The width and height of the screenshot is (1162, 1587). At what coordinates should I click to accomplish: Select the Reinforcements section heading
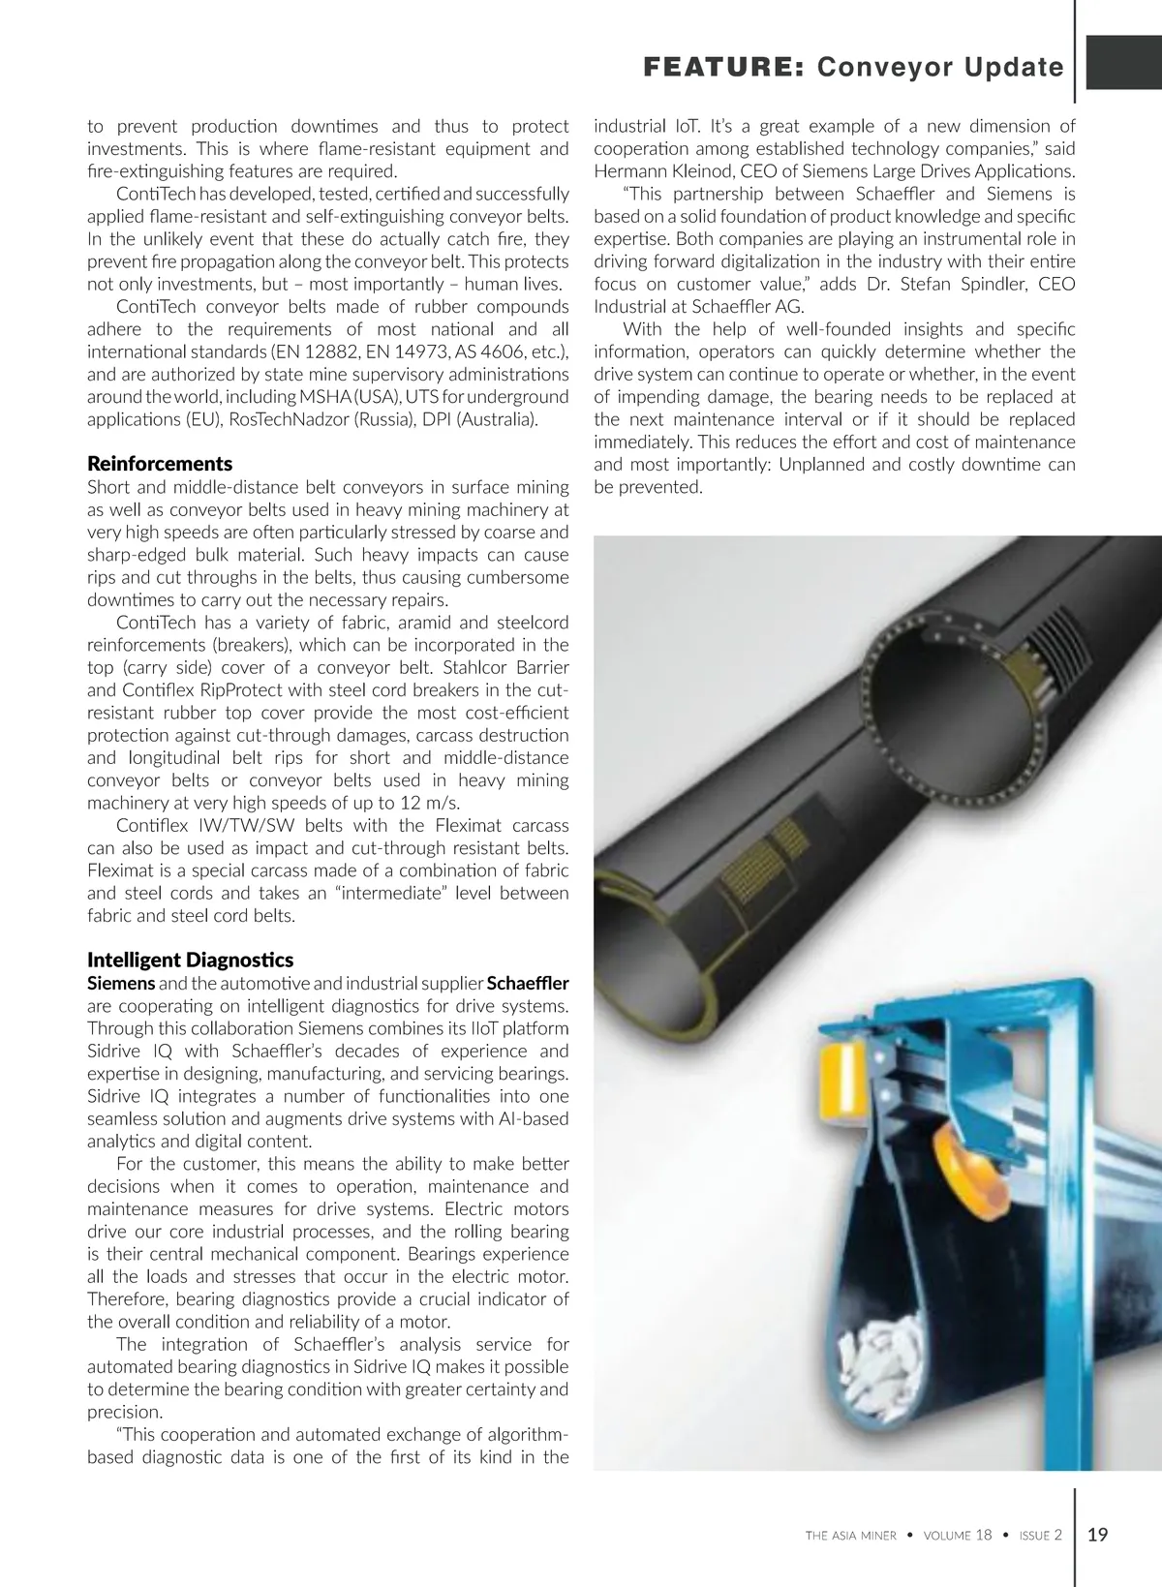pos(160,464)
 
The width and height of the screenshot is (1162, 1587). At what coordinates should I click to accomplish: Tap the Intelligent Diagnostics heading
pos(190,960)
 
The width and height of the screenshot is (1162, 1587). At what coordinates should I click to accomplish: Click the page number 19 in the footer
pos(1098,1534)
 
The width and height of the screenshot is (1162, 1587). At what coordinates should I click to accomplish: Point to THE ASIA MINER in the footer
pos(850,1535)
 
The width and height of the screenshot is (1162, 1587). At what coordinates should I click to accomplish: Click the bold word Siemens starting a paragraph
pos(121,983)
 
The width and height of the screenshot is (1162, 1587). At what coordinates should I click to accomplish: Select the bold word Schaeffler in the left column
pos(528,983)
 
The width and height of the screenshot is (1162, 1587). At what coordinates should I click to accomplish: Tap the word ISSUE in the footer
pos(1034,1535)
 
